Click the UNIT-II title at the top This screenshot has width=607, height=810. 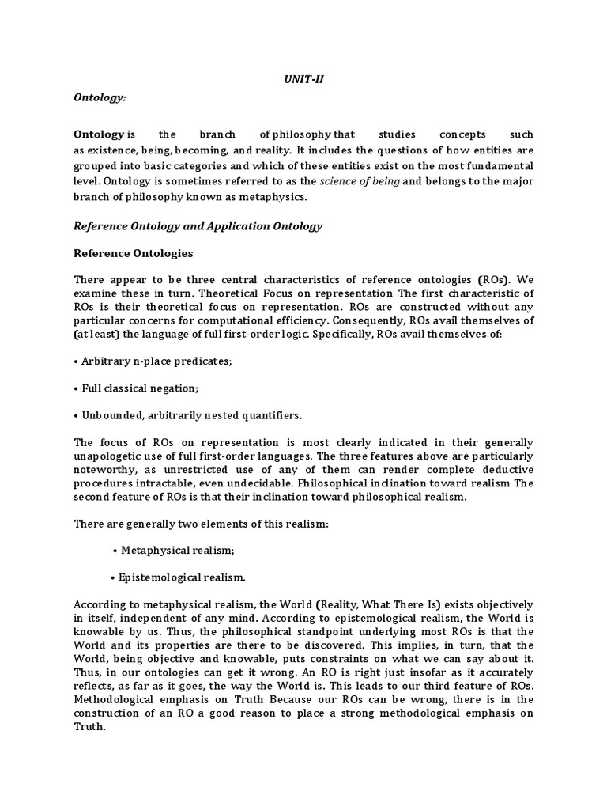(x=303, y=80)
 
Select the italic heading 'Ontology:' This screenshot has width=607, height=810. (x=100, y=97)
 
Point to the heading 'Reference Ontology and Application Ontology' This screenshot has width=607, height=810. (x=198, y=225)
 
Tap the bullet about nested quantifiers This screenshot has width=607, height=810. (x=188, y=416)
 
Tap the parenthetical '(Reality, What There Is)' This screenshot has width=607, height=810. (x=367, y=605)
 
